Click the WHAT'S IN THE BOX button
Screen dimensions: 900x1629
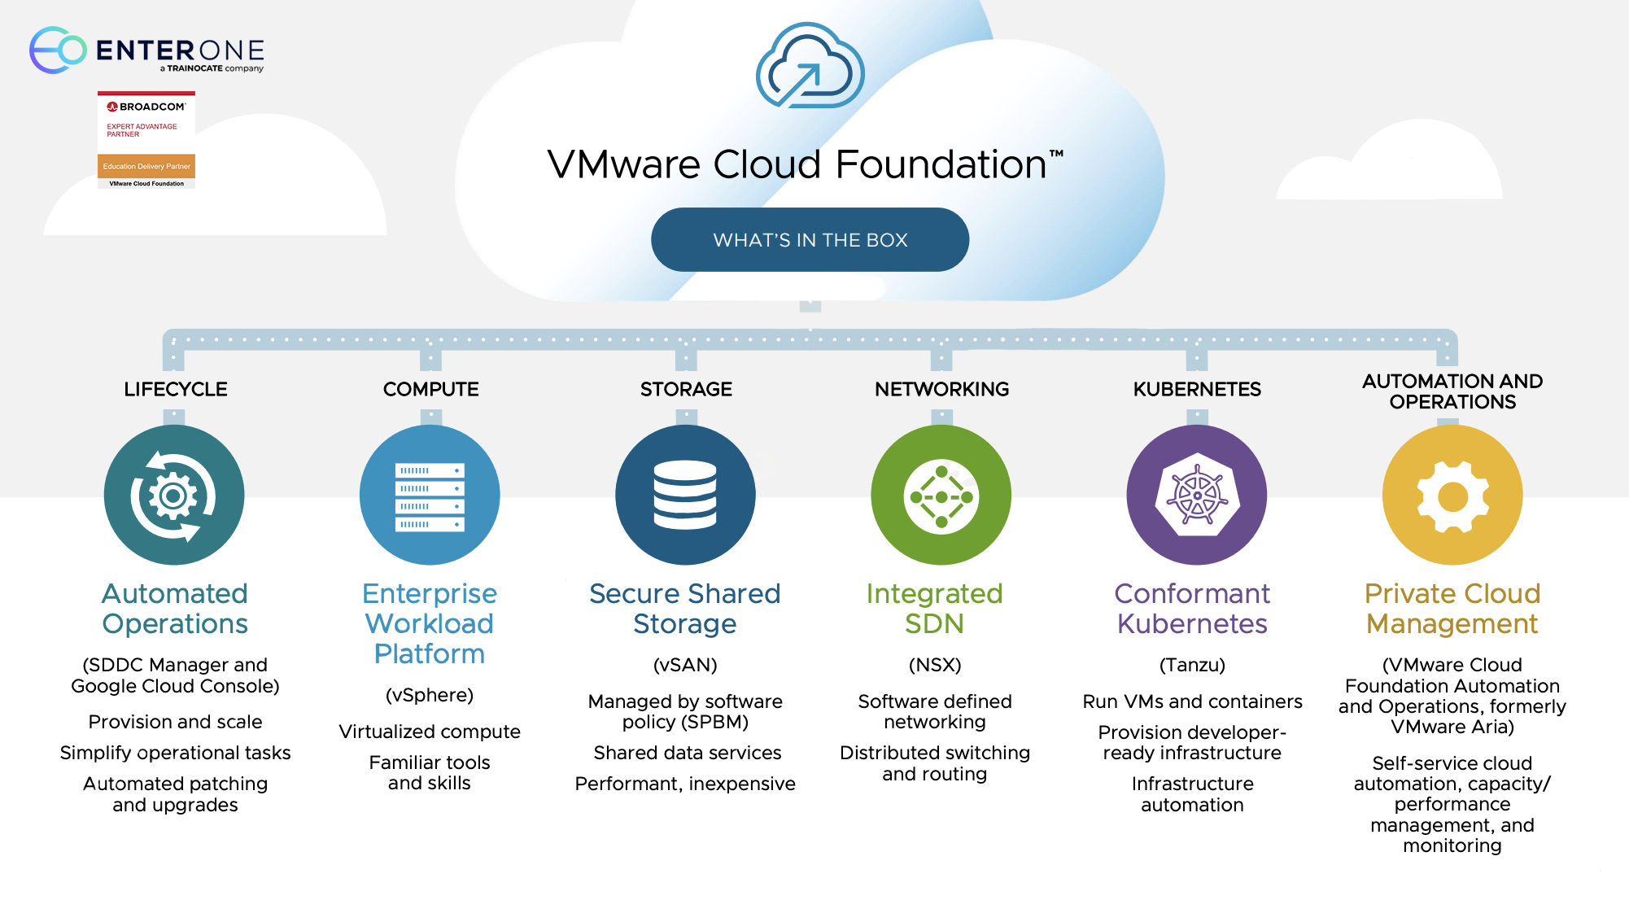pyautogui.click(x=810, y=240)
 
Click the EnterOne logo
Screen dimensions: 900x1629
pyautogui.click(x=146, y=50)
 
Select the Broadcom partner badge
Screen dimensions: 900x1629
pyautogui.click(x=146, y=140)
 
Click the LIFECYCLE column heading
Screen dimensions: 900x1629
pyautogui.click(x=176, y=390)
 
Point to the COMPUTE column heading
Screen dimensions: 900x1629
pyautogui.click(x=430, y=390)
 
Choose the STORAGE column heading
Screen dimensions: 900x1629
pyautogui.click(x=686, y=390)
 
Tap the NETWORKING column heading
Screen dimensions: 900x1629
pyautogui.click(x=941, y=390)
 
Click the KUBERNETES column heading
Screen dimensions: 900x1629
pyautogui.click(x=1197, y=390)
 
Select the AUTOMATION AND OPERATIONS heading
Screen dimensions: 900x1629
pyautogui.click(x=1452, y=391)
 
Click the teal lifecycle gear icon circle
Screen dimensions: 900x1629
pyautogui.click(x=174, y=495)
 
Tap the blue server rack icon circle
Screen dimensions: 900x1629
pyautogui.click(x=430, y=495)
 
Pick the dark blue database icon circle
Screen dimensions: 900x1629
pyautogui.click(x=685, y=495)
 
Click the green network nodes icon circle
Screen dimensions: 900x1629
pyautogui.click(x=941, y=495)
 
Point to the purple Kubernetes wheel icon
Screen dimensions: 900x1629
pyautogui.click(x=1196, y=495)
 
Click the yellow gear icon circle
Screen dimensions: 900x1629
pyautogui.click(x=1452, y=495)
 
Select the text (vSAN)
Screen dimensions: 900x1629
pyautogui.click(x=685, y=665)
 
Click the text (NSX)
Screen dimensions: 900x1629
pyautogui.click(x=935, y=665)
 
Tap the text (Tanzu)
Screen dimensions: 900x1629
pyautogui.click(x=1192, y=665)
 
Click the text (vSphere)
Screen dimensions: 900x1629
pyautogui.click(x=430, y=695)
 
